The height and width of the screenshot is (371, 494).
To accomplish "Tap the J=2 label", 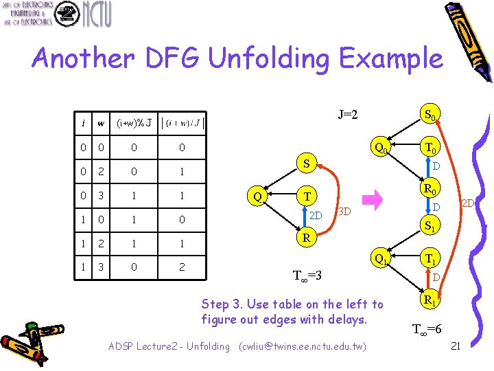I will point(347,115).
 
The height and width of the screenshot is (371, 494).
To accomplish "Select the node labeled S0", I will point(432,115).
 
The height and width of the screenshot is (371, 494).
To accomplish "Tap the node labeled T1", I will point(432,260).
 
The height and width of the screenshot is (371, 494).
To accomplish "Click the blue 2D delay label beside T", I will point(316,214).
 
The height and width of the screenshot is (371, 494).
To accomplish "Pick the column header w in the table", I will point(101,124).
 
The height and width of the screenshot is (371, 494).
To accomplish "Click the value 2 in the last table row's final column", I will point(182,267).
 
